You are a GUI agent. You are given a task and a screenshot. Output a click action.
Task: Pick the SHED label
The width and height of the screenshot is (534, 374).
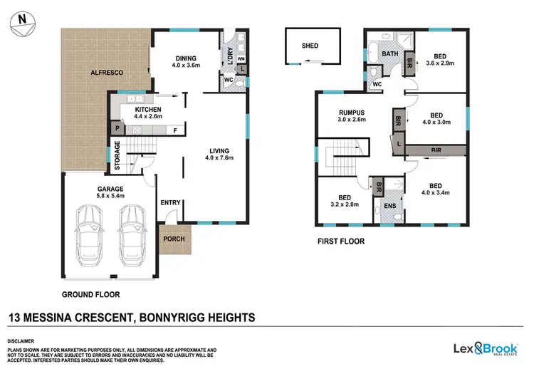(x=310, y=46)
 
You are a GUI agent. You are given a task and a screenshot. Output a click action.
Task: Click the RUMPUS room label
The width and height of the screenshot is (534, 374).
(x=351, y=112)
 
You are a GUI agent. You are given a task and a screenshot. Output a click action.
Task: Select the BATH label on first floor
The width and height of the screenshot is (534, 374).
(x=389, y=54)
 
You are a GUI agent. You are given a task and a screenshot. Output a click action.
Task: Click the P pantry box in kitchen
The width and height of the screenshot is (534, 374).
(x=116, y=129)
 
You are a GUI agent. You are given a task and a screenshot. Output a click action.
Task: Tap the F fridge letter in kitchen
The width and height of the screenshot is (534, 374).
(x=175, y=130)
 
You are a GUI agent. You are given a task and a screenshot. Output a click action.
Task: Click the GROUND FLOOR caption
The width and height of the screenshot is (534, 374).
(x=90, y=294)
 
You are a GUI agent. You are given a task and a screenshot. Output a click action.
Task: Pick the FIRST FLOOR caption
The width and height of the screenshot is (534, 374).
(x=341, y=241)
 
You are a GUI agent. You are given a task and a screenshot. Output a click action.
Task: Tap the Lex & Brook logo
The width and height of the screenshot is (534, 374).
(x=486, y=348)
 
